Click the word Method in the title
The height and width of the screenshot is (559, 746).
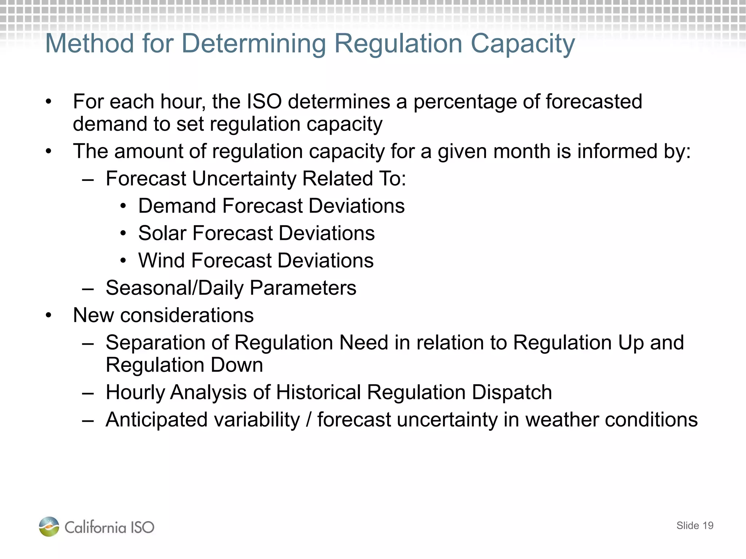click(x=90, y=44)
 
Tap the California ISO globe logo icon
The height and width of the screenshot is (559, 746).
click(x=49, y=526)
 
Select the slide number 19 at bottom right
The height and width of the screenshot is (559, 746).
click(x=707, y=526)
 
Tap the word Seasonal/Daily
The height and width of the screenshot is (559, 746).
click(x=174, y=288)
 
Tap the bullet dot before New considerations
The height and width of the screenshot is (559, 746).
click(x=49, y=316)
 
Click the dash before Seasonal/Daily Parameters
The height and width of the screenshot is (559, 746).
click(x=88, y=289)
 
